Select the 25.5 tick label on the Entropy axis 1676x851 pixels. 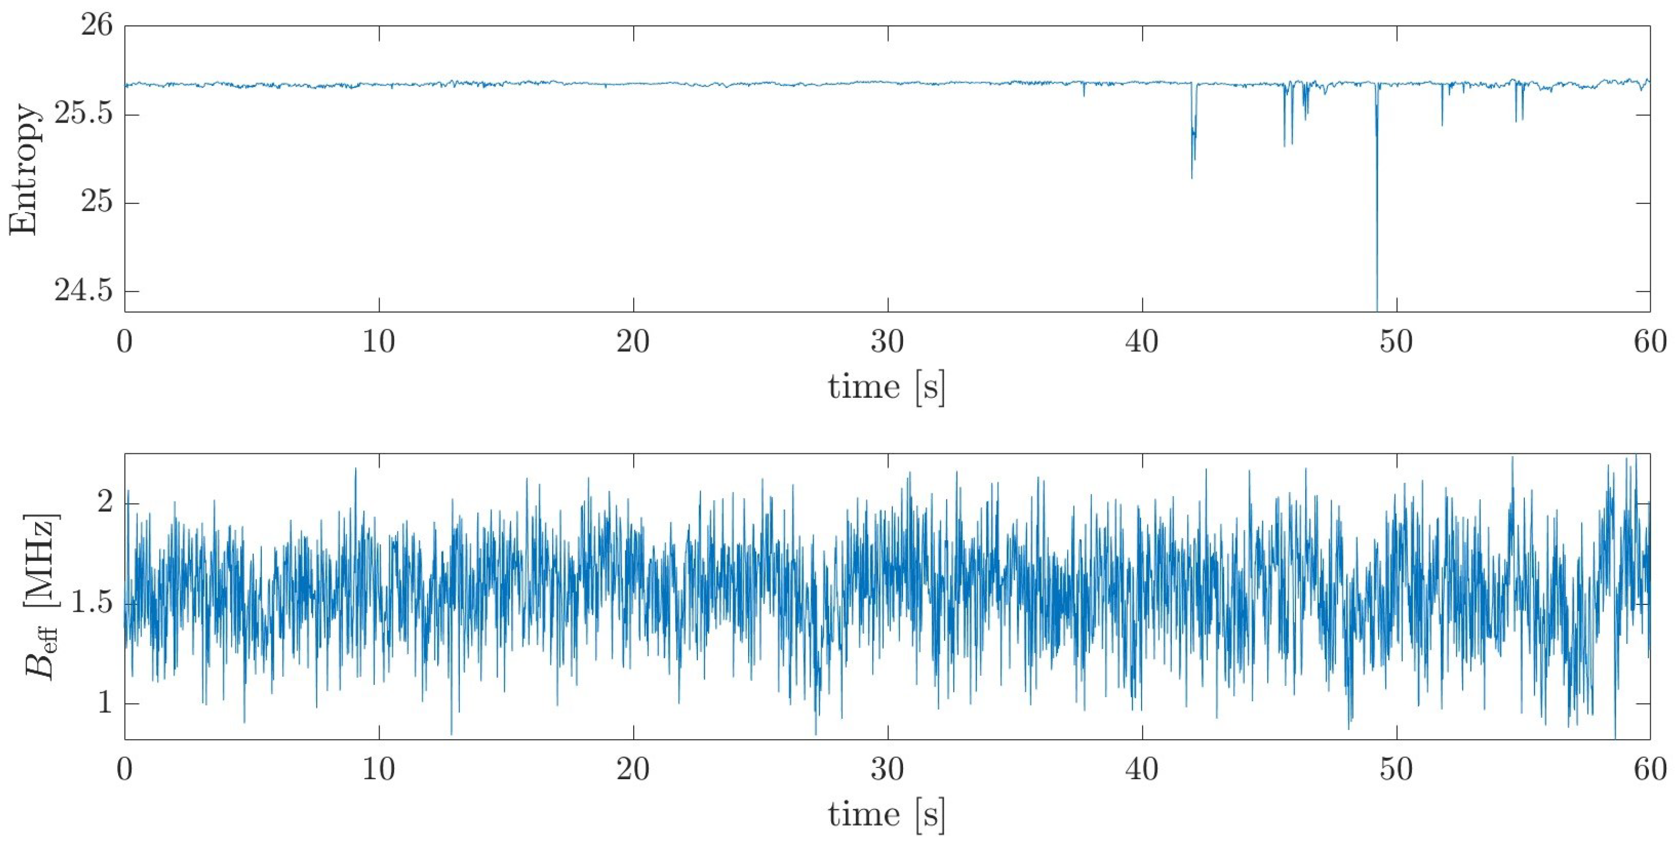(83, 115)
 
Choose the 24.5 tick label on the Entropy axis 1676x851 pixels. (83, 291)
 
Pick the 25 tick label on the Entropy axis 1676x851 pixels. (96, 203)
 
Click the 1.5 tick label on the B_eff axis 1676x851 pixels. (91, 603)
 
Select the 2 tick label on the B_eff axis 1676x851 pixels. (105, 503)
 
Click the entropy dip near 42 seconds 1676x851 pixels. (1192, 162)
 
